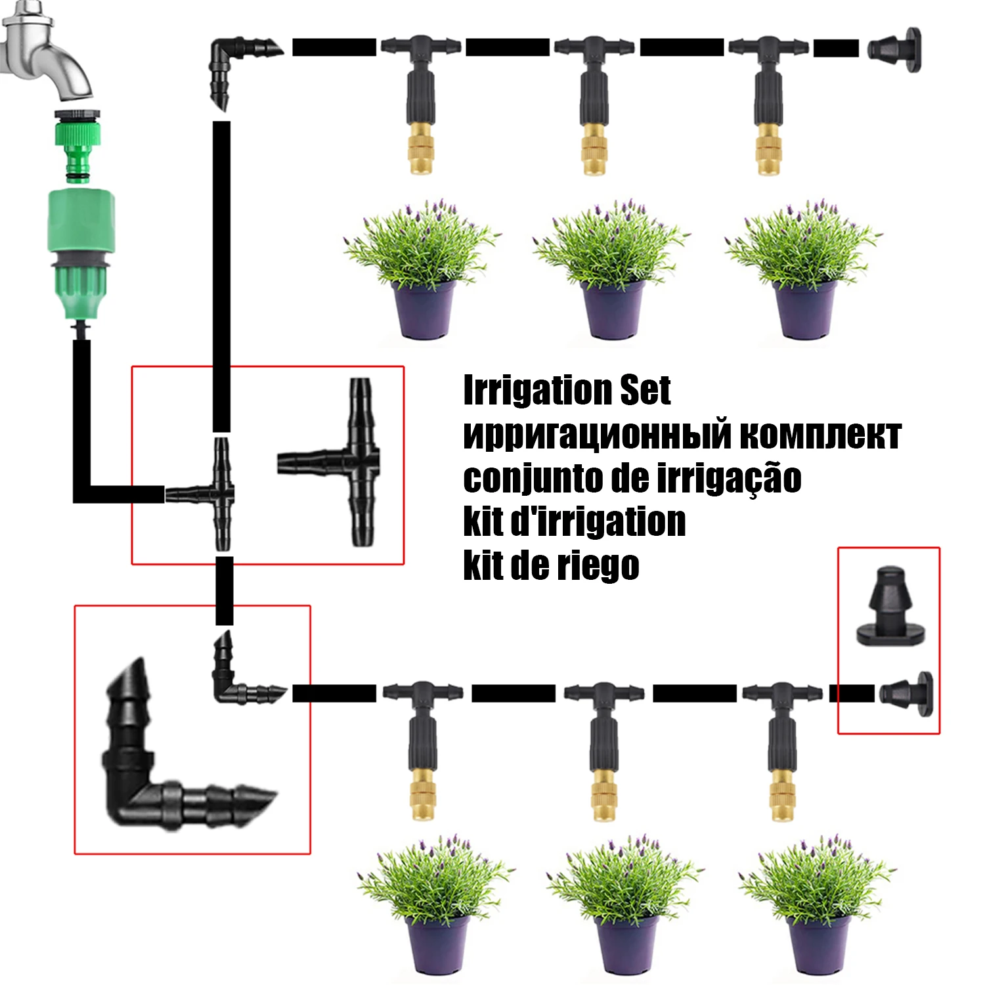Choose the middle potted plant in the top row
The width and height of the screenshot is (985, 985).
(611, 269)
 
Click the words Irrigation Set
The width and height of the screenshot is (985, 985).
(566, 391)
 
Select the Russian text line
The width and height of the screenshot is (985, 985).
(681, 435)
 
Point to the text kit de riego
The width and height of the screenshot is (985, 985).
(550, 566)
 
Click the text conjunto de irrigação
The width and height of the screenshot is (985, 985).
(632, 478)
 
